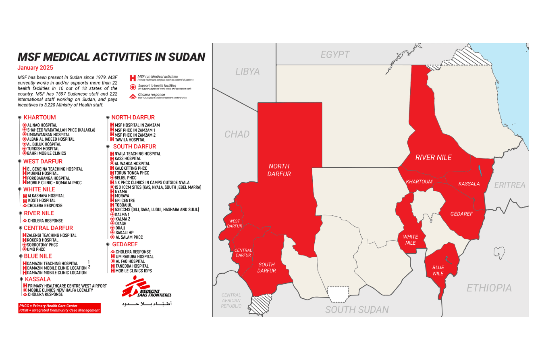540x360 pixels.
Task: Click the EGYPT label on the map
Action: click(x=335, y=54)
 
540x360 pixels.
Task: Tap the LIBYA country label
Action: click(x=247, y=71)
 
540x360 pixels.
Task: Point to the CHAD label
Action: click(x=237, y=134)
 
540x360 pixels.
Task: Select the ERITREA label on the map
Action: click(x=510, y=185)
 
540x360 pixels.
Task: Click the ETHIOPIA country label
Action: click(x=489, y=288)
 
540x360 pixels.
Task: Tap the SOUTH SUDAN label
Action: click(x=357, y=310)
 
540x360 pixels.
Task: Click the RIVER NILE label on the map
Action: click(x=434, y=157)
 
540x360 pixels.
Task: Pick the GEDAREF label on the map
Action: click(x=461, y=214)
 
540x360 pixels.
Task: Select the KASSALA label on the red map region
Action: click(x=469, y=184)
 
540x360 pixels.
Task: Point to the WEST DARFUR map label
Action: click(x=235, y=223)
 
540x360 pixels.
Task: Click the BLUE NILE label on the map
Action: click(x=438, y=271)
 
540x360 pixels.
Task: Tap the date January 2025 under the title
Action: click(x=35, y=68)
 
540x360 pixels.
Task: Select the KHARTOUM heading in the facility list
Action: click(x=40, y=117)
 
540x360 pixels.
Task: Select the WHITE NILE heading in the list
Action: click(x=39, y=189)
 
